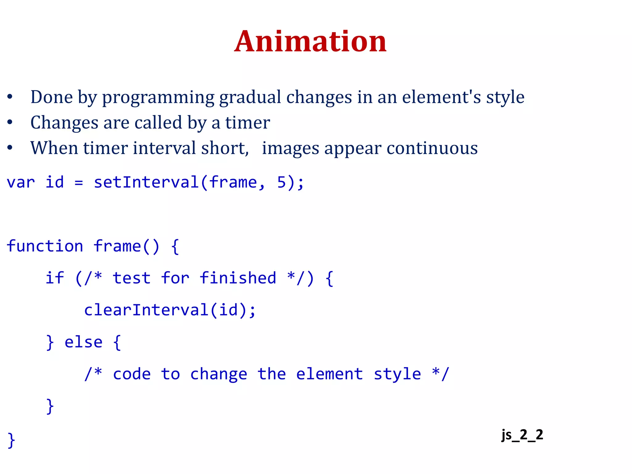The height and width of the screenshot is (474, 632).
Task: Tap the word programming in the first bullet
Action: click(x=158, y=98)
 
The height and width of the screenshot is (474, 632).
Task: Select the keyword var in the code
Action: click(x=21, y=182)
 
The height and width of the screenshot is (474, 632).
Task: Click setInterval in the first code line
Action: click(x=146, y=182)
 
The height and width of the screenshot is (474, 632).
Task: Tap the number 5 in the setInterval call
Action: click(x=281, y=182)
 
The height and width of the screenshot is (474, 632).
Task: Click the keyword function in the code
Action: click(x=45, y=246)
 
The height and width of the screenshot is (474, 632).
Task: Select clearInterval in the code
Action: click(x=146, y=310)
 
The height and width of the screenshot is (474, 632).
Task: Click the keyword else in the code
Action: click(x=83, y=342)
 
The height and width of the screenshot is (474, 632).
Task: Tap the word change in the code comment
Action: click(x=218, y=374)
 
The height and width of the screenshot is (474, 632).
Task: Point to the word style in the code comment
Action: click(x=397, y=374)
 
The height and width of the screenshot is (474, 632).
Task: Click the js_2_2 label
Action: click(x=522, y=435)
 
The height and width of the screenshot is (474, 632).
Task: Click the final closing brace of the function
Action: click(x=11, y=440)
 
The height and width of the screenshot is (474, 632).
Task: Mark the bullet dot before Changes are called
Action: click(x=10, y=123)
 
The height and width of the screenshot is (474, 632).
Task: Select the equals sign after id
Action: click(x=79, y=183)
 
